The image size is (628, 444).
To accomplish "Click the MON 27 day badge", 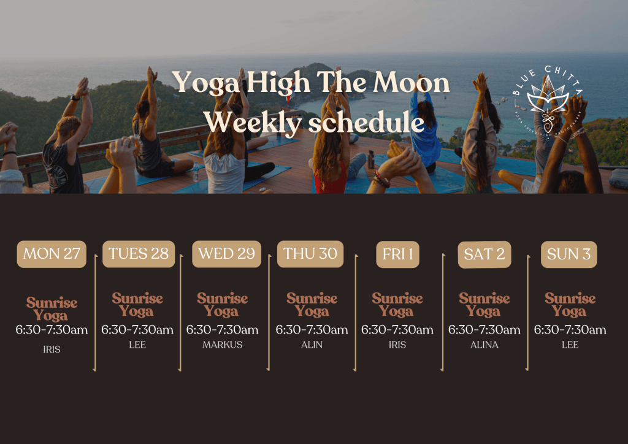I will tap(52, 254).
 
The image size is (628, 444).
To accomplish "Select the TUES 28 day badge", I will tap(139, 254).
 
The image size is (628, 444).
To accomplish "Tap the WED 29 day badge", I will tap(226, 254).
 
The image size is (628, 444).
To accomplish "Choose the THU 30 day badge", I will tap(310, 254).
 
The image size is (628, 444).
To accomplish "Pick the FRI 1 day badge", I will tap(397, 255).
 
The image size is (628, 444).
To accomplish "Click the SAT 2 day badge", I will tap(484, 255).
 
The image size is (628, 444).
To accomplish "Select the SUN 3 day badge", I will tap(569, 255).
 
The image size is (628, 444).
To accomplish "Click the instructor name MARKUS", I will tap(223, 345).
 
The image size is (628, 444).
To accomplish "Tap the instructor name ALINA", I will tap(484, 345).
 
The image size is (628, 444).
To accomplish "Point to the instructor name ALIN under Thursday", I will tap(312, 345).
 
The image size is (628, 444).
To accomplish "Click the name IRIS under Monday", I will tap(52, 349).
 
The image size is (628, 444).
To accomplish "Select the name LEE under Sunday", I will tap(570, 345).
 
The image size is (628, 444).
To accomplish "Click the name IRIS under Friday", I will tap(397, 345).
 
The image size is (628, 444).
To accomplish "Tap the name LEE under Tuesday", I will tap(137, 345).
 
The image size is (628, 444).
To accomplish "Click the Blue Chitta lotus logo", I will tap(548, 98).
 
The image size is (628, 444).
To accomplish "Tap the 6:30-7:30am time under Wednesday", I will tap(223, 330).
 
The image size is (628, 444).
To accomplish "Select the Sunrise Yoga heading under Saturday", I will tap(484, 304).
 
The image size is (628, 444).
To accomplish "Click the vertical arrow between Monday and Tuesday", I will tap(95, 313).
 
